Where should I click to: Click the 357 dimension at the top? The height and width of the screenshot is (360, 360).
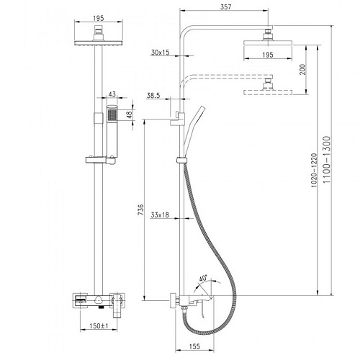click(x=226, y=6)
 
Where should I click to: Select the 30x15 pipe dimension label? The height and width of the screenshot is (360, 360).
click(x=160, y=52)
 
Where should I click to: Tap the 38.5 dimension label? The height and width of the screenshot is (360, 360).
click(x=153, y=96)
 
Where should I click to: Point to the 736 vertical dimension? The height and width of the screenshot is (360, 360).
click(x=141, y=210)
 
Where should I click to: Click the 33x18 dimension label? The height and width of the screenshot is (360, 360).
click(x=160, y=215)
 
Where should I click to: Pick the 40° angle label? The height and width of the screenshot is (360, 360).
click(x=203, y=279)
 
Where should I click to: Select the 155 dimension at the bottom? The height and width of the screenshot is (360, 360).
click(x=194, y=346)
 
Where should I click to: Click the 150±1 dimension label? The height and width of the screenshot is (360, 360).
click(x=99, y=326)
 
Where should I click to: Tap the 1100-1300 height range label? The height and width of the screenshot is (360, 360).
click(x=327, y=160)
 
